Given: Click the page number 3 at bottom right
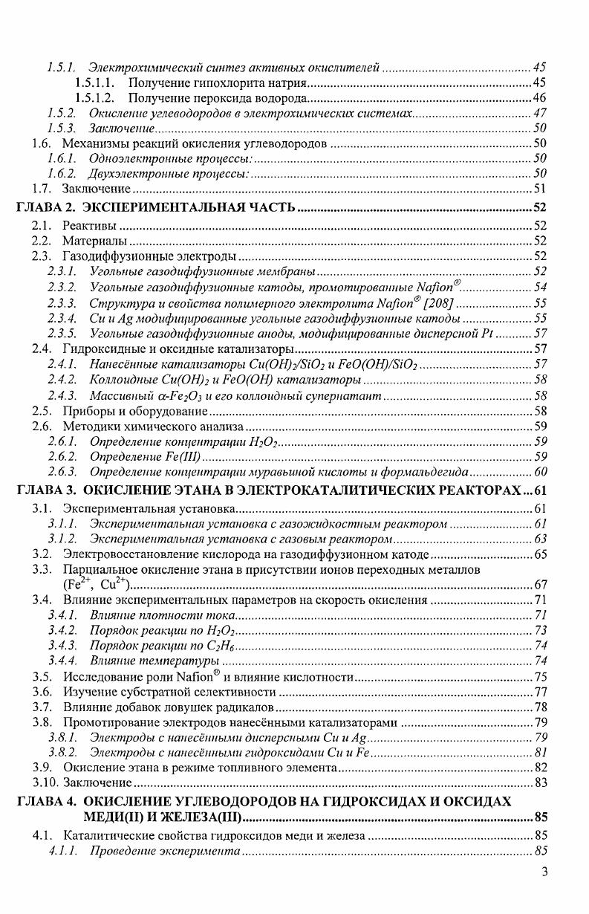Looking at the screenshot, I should [x=544, y=872].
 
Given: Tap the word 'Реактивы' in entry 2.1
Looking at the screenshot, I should [x=89, y=225].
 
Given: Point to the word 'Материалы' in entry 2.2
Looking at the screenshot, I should [x=94, y=242].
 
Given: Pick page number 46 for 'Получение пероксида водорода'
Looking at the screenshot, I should [x=540, y=98].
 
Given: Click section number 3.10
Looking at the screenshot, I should [x=46, y=782].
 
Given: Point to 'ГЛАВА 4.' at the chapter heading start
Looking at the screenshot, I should [x=47, y=803].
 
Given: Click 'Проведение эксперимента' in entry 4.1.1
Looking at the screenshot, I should [x=163, y=851].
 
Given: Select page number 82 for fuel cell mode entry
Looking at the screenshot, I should [x=540, y=767].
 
